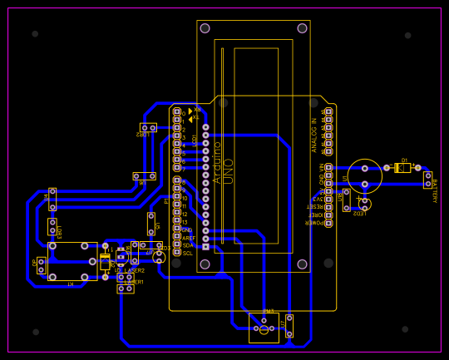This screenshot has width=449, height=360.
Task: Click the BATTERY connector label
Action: point(434,190)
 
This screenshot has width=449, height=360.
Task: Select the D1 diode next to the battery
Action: point(402,167)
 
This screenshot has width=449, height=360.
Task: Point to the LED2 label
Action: point(358,213)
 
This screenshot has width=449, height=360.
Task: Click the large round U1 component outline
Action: point(364,176)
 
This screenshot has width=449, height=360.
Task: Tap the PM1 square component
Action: point(264,328)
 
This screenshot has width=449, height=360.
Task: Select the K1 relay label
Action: point(70,284)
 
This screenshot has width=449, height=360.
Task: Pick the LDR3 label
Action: point(59,231)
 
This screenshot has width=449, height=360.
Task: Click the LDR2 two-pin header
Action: point(148,127)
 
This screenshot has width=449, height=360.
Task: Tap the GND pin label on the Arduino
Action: point(187,229)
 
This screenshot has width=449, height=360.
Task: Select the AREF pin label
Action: point(189,238)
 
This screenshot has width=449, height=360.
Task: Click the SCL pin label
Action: point(187,253)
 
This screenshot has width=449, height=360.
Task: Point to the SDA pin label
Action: point(188,245)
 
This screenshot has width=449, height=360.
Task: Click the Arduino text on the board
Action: point(217,162)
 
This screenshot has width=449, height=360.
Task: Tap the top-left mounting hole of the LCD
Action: point(205,28)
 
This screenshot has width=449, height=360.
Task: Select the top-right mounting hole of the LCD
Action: point(302,28)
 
